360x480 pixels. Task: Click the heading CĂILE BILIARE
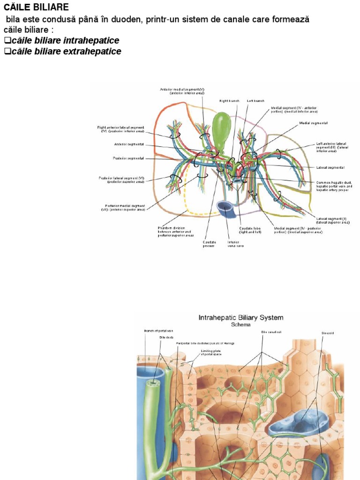click(x=36, y=7)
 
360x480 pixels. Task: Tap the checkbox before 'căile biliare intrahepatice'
click(x=7, y=41)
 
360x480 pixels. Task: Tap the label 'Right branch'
click(x=230, y=101)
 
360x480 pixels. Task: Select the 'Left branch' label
click(x=255, y=101)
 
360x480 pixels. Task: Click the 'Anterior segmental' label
click(x=129, y=144)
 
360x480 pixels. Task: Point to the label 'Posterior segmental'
click(x=128, y=158)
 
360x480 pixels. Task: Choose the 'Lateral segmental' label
click(x=330, y=167)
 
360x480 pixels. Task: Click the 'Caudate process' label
click(x=210, y=244)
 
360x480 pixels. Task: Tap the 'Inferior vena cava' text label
click(x=233, y=244)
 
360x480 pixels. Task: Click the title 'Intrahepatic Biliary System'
click(x=241, y=318)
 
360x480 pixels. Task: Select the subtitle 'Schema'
click(x=241, y=324)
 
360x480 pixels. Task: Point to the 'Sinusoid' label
click(x=328, y=333)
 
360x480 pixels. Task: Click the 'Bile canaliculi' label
click(x=271, y=332)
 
